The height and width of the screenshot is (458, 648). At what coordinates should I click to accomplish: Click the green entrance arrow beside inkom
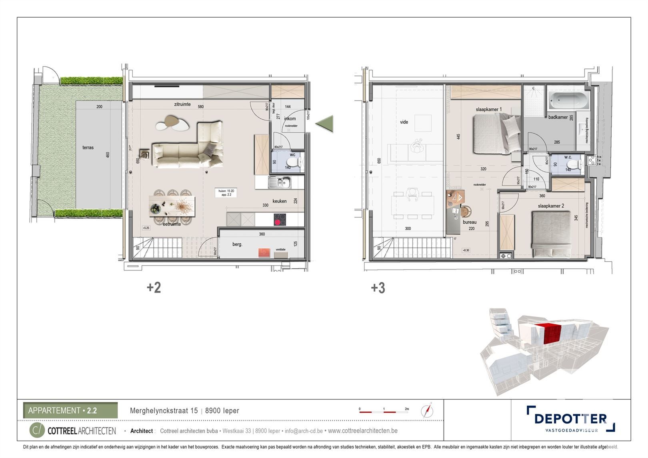(325, 123)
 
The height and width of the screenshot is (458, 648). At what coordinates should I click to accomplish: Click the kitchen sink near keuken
(280, 183)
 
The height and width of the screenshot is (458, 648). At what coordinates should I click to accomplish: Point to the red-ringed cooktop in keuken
(280, 220)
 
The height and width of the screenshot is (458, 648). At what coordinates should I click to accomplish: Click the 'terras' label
(88, 148)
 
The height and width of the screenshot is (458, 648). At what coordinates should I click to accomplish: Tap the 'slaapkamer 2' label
(551, 206)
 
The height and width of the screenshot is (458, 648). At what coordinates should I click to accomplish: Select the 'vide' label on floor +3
(404, 122)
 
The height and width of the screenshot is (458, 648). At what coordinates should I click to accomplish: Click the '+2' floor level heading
(154, 288)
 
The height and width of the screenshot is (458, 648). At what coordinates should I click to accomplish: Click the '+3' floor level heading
(378, 288)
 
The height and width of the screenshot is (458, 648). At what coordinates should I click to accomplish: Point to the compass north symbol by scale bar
(427, 411)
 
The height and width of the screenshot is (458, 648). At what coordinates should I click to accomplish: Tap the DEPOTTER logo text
(570, 419)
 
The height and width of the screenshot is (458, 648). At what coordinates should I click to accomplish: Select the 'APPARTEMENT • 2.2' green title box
(70, 410)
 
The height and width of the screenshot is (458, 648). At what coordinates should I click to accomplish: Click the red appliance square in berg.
(264, 252)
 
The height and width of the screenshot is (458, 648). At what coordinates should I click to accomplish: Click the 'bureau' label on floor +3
(469, 222)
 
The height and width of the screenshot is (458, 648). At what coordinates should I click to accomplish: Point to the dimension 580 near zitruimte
(201, 106)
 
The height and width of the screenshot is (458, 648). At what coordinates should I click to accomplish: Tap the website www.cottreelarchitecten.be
(362, 431)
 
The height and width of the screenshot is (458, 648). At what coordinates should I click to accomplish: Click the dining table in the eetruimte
(172, 206)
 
